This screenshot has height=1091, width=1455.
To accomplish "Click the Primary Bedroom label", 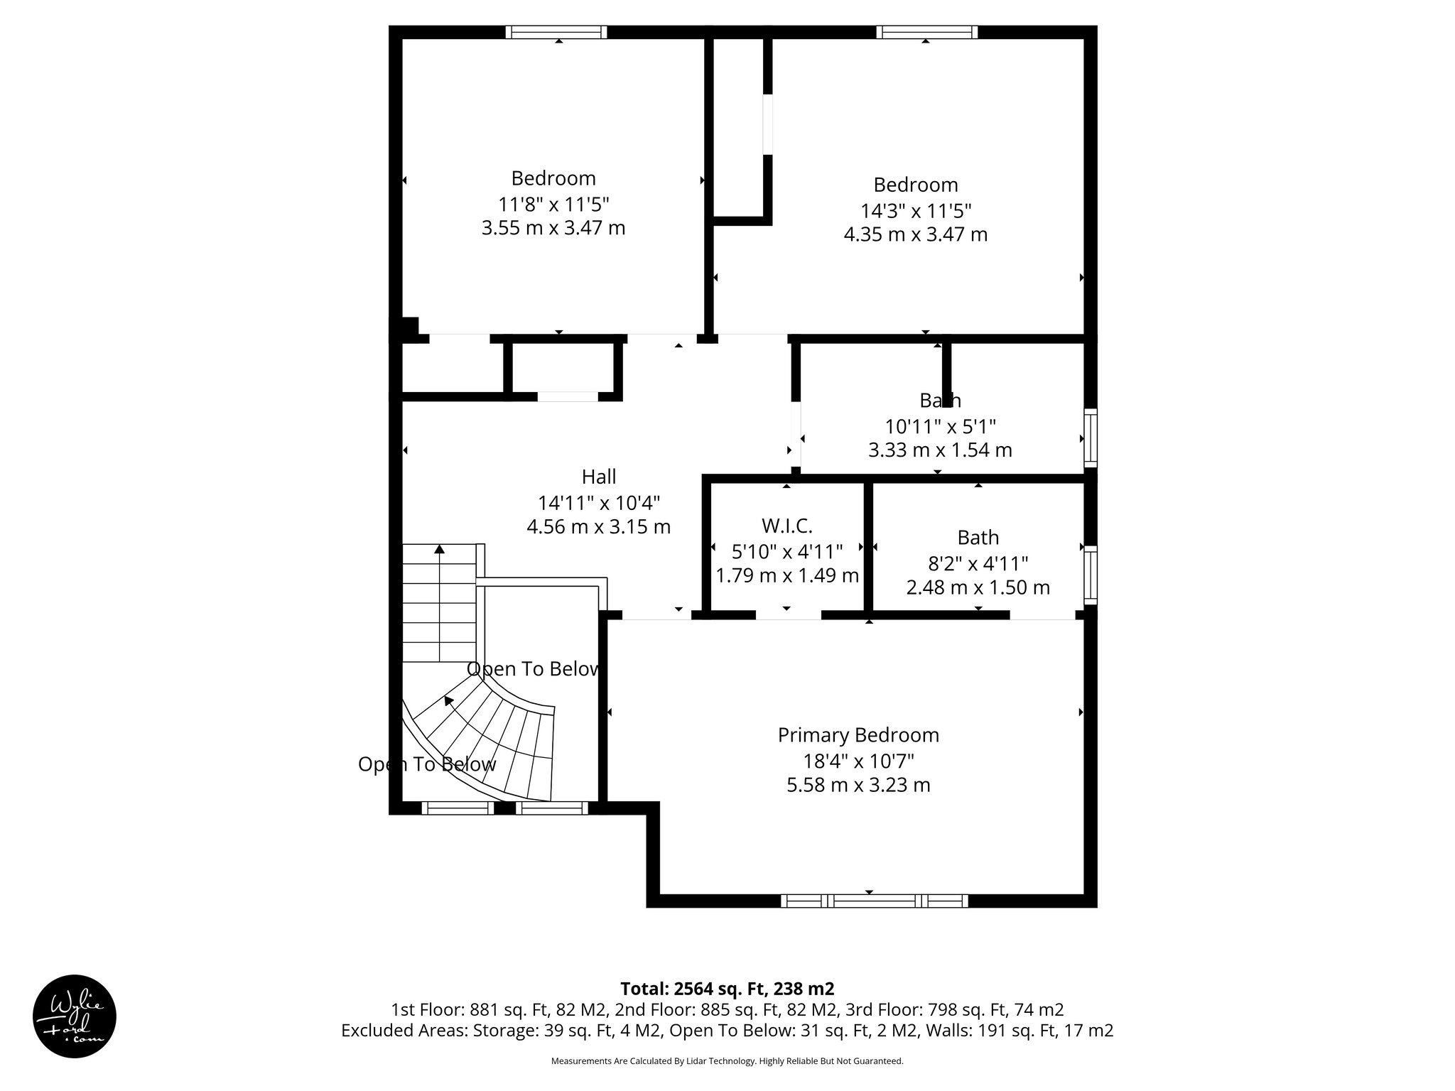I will (x=858, y=735).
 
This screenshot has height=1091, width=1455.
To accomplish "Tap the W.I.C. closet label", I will (x=787, y=526).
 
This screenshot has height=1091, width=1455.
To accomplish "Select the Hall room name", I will (x=599, y=477).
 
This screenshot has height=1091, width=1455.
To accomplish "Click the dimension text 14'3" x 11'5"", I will (x=916, y=211).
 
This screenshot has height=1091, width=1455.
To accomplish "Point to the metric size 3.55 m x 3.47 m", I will (x=553, y=228).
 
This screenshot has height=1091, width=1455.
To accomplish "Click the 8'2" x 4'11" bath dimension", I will (x=978, y=564).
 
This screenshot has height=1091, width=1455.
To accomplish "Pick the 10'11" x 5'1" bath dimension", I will (x=940, y=427).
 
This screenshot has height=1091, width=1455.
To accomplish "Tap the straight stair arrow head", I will (x=440, y=549).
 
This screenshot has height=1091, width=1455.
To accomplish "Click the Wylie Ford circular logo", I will (x=75, y=1016).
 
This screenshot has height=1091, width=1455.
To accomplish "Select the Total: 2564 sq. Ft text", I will (x=727, y=989).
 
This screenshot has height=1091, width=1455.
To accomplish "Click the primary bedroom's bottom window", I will (x=875, y=901).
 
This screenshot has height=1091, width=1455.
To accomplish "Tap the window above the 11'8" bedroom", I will (x=556, y=32).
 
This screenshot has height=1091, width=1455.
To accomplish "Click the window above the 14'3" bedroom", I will (x=926, y=32).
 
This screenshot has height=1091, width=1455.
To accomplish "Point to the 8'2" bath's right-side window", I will (x=1090, y=575).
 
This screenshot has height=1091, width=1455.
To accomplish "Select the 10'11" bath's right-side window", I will (x=1090, y=438).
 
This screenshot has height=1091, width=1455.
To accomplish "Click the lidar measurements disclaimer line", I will (x=727, y=1061).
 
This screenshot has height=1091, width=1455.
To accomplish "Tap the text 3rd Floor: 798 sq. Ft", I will (x=994, y=1009).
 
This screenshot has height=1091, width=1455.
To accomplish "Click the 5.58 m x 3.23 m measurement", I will (x=858, y=785).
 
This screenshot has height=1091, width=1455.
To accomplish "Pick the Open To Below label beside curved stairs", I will (x=426, y=764).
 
